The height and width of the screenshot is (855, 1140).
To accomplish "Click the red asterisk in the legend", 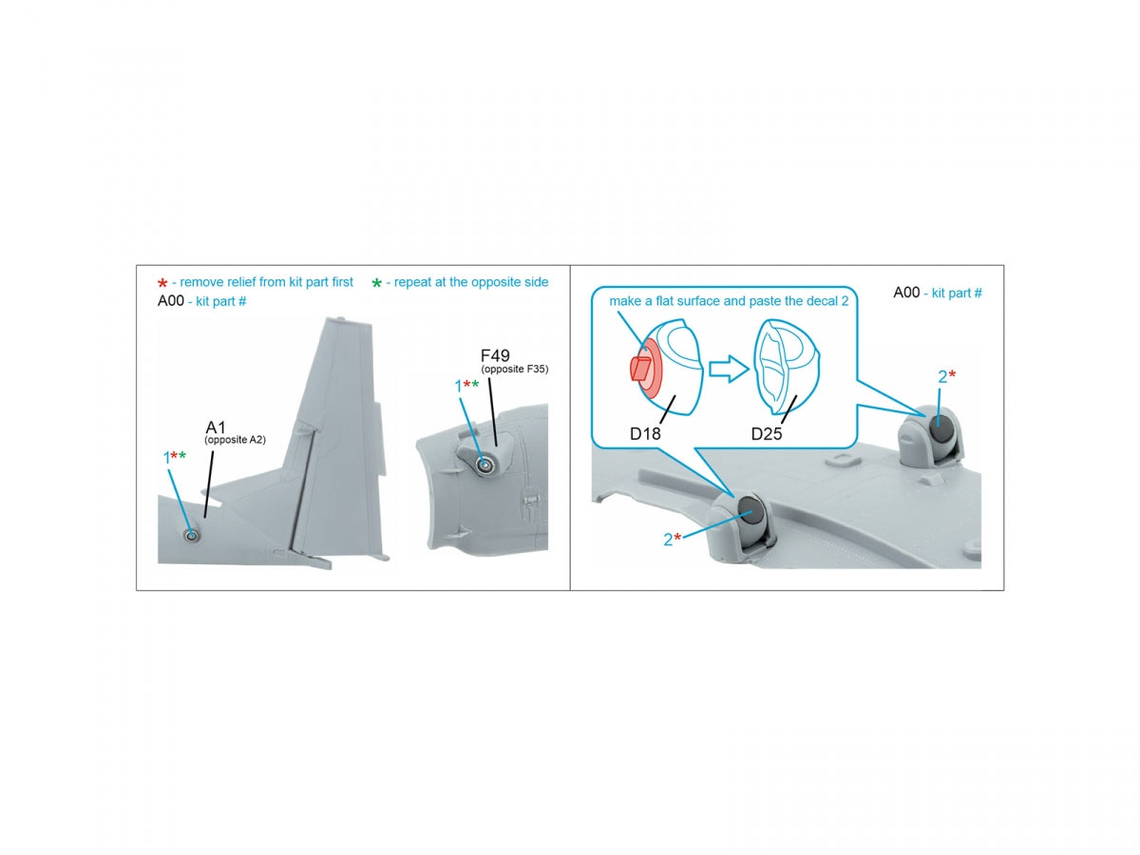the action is click(x=162, y=283).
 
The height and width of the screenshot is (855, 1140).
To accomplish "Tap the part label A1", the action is click(x=215, y=427).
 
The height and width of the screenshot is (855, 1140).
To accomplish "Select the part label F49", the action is click(x=494, y=356).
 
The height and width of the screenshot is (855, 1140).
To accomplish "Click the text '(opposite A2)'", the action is click(x=235, y=440).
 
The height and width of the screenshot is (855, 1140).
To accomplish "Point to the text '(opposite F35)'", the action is click(x=514, y=370).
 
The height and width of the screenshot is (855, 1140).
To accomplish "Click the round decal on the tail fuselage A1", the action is click(x=191, y=536).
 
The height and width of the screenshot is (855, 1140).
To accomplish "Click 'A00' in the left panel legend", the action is click(x=170, y=301).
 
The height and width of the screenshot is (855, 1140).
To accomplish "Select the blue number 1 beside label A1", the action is click(x=166, y=459).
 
